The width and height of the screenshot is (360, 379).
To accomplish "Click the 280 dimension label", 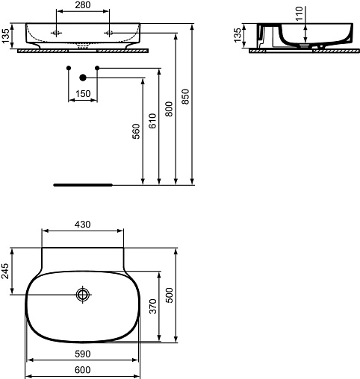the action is pyautogui.click(x=83, y=5).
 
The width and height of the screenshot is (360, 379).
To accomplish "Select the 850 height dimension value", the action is pyautogui.click(x=185, y=96).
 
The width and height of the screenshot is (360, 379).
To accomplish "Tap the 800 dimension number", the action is pyautogui.click(x=169, y=109).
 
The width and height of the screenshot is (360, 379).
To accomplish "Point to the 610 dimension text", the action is pyautogui.click(x=152, y=121).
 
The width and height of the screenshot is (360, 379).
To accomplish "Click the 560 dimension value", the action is pyautogui.click(x=136, y=131).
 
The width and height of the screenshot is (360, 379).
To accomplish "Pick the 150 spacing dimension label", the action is pyautogui.click(x=83, y=94).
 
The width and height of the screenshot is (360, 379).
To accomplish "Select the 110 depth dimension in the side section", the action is pyautogui.click(x=300, y=13).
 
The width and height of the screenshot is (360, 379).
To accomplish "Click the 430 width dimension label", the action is pyautogui.click(x=83, y=225).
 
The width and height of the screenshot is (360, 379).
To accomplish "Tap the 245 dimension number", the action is pyautogui.click(x=4, y=271).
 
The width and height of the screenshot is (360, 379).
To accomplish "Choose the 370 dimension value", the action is pyautogui.click(x=152, y=307).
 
